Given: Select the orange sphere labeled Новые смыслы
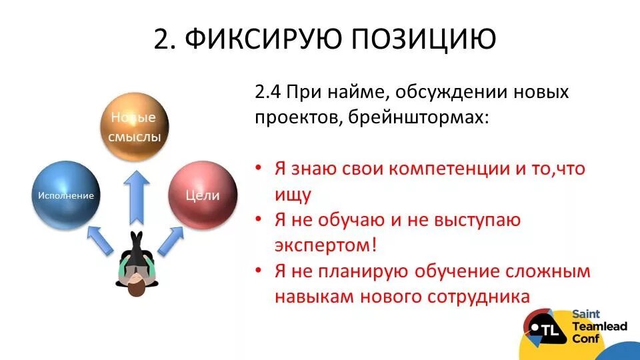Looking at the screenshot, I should coord(134,127).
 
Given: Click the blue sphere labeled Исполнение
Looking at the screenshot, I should coord(65,195).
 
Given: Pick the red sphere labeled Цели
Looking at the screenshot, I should coord(203,195).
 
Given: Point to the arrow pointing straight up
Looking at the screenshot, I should coord(136,196).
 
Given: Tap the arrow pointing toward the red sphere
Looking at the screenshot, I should coord(171,240).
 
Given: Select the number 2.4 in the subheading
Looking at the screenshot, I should coord(267,92).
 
